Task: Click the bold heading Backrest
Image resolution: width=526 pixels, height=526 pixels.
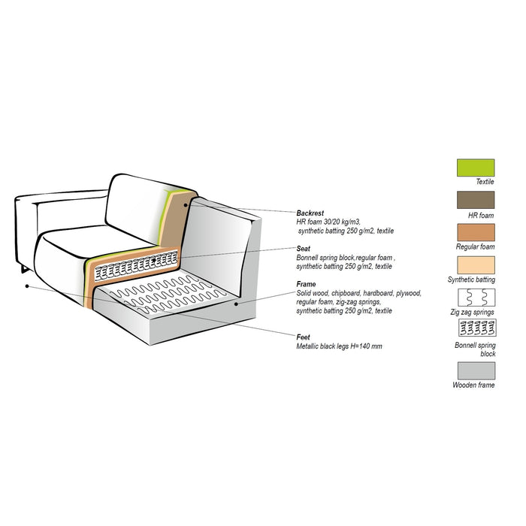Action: (x=310, y=213)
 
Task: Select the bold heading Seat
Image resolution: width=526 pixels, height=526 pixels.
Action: (x=303, y=249)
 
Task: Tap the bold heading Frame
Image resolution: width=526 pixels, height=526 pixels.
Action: (x=306, y=284)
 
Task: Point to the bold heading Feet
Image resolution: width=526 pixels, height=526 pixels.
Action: (x=303, y=337)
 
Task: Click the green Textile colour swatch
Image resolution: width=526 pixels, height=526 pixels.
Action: (x=476, y=168)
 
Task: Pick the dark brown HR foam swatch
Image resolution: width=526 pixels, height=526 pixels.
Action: (x=476, y=200)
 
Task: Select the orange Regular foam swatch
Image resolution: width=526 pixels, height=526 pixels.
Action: (x=476, y=232)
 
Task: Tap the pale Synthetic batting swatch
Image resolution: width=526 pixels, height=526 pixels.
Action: (x=476, y=265)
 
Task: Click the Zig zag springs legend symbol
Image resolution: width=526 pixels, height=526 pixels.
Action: (x=476, y=298)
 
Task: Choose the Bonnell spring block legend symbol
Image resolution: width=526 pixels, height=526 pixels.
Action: (x=477, y=328)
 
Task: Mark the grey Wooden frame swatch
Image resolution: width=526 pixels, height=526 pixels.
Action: (x=476, y=370)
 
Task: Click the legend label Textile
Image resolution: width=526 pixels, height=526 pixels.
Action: (x=485, y=182)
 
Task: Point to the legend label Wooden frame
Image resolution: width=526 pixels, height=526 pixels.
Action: (x=473, y=385)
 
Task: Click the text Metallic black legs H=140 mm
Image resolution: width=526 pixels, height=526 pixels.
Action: (x=339, y=346)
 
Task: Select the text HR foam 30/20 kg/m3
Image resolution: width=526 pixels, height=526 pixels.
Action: (x=328, y=222)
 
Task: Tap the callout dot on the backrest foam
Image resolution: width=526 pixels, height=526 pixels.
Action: (x=186, y=205)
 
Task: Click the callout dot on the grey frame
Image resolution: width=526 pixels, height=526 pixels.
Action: (x=236, y=304)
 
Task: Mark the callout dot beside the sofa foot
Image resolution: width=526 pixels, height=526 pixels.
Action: (x=27, y=286)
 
